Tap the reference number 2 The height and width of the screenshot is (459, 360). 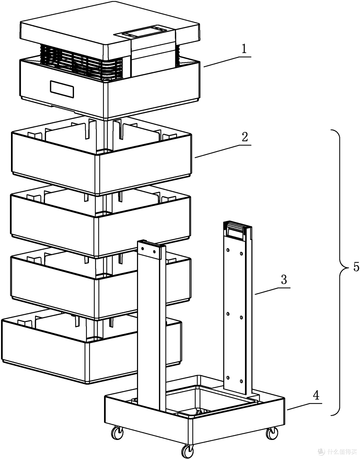click(245, 137)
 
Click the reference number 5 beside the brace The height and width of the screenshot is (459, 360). click(356, 267)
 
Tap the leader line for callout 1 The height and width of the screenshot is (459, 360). click(228, 62)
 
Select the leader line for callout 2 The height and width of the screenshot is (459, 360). click(223, 151)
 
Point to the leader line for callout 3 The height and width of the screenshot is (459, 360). click(272, 291)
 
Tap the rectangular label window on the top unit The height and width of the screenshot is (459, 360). click(62, 89)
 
